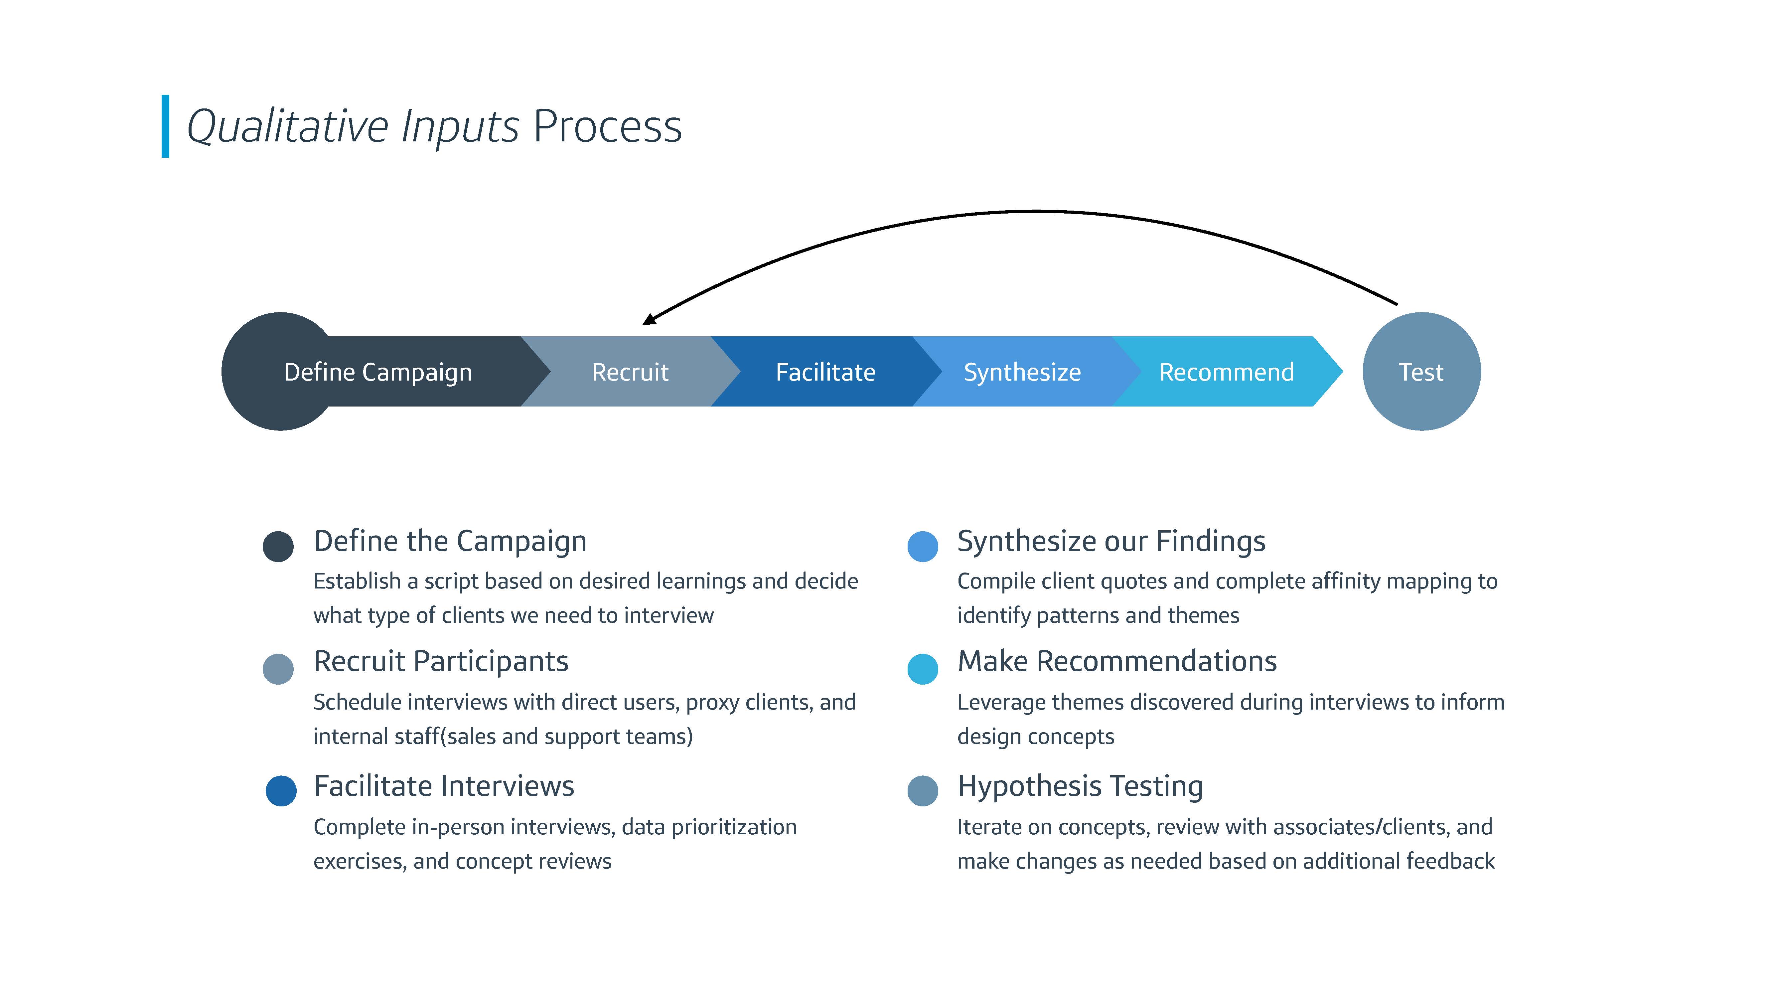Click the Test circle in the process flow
click(1421, 372)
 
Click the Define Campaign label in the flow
click(378, 373)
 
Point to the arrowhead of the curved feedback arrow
click(650, 318)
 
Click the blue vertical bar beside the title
click(165, 126)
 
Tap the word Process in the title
click(607, 127)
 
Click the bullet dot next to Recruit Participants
click(278, 669)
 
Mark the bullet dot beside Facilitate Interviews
click(281, 791)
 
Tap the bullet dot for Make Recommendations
click(923, 669)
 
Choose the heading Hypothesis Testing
click(1080, 786)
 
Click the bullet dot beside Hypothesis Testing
click(923, 791)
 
